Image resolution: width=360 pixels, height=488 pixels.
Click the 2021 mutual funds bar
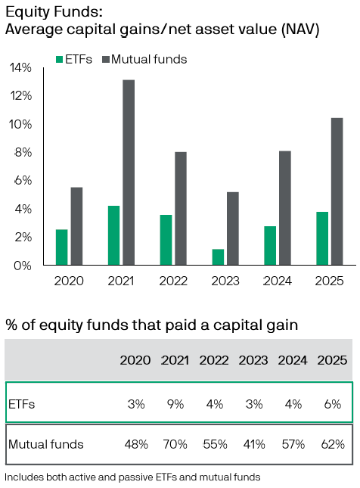click(x=129, y=173)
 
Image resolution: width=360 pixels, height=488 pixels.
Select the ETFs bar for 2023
click(x=218, y=257)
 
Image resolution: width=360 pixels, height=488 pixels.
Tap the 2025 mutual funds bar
click(x=337, y=191)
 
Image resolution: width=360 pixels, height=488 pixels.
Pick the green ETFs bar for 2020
click(x=61, y=247)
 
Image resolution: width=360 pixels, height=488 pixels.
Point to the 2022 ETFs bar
click(x=166, y=240)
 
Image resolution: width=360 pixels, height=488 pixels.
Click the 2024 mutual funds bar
click(x=284, y=208)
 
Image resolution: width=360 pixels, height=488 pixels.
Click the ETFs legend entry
click(x=74, y=59)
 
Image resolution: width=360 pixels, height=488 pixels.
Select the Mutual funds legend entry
click(x=144, y=59)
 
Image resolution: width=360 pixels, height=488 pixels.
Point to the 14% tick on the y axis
click(x=21, y=67)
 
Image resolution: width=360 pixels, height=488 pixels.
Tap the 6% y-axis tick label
click(x=23, y=181)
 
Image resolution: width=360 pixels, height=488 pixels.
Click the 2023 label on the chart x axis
click(x=225, y=281)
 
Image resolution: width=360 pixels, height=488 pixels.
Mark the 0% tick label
click(x=23, y=266)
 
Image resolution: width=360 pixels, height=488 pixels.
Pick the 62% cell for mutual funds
click(x=332, y=444)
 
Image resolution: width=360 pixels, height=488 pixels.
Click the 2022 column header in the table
click(x=214, y=360)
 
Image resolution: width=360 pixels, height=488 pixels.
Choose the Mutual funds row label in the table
click(x=45, y=444)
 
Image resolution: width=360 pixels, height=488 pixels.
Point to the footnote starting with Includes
click(x=132, y=477)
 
